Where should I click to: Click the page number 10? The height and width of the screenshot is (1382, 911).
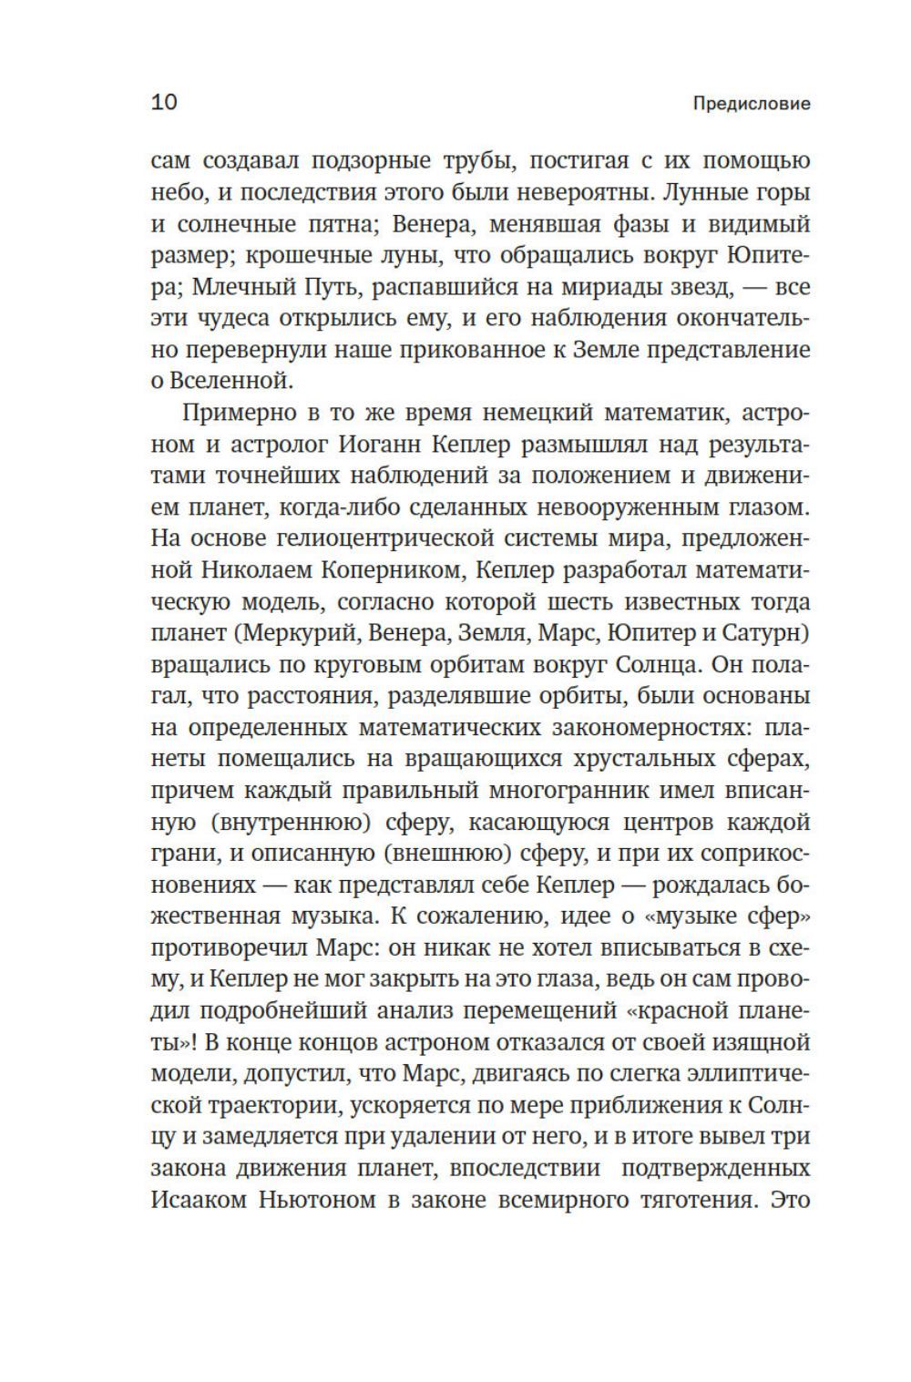pyautogui.click(x=164, y=102)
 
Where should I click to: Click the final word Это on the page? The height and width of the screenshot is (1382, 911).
pyautogui.click(x=790, y=1200)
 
